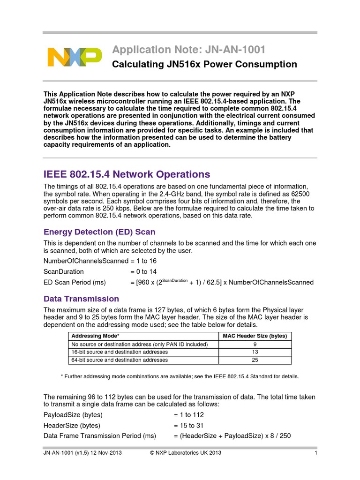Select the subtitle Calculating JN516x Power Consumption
(204, 64)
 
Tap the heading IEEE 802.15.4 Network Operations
(127, 174)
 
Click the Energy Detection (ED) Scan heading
(99, 232)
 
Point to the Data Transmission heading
(81, 299)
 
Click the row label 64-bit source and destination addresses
(119, 360)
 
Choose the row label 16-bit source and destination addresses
(119, 352)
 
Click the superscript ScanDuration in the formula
(174, 280)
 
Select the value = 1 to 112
(188, 415)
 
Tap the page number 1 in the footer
(316, 453)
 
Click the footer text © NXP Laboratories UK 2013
(185, 453)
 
